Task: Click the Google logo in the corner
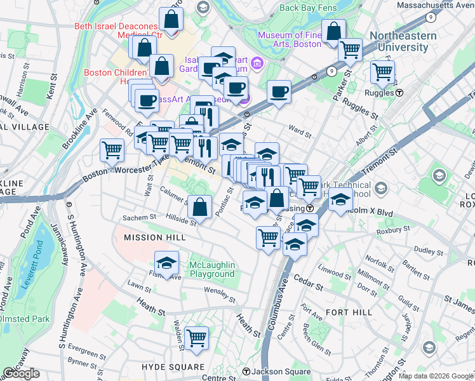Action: [x=21, y=373]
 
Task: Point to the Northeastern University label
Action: [x=403, y=41]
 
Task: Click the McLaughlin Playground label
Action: [x=212, y=269]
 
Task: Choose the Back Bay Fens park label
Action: [x=306, y=8]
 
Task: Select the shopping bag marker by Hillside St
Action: [x=200, y=206]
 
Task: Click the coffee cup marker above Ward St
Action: [x=279, y=91]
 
